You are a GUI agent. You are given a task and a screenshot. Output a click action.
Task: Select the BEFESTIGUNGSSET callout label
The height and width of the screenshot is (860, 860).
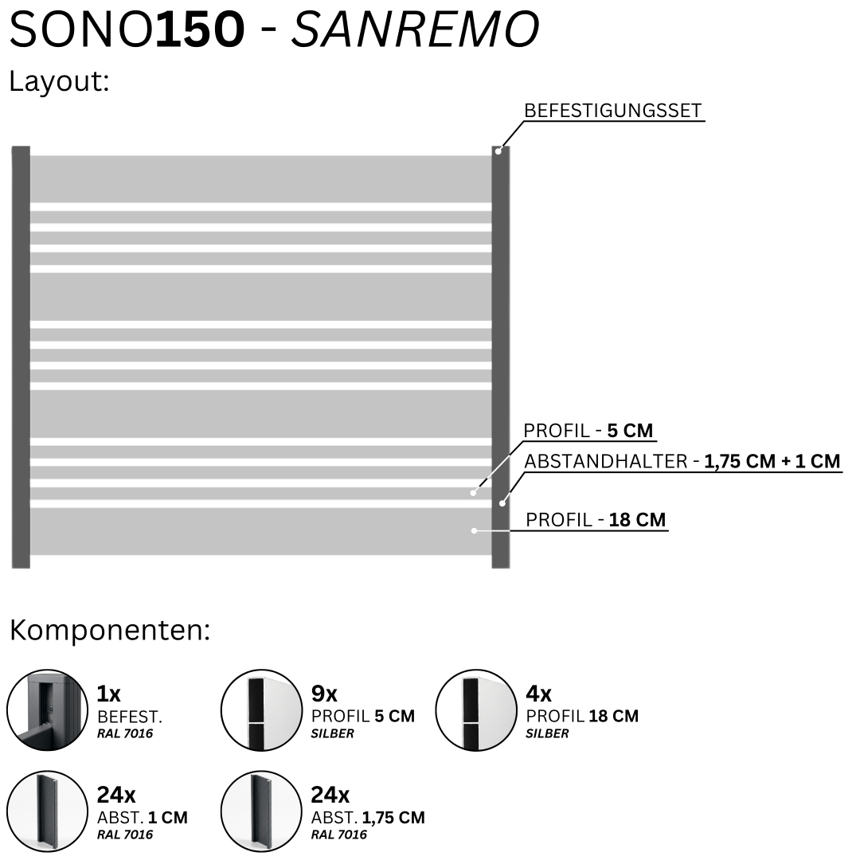tap(612, 110)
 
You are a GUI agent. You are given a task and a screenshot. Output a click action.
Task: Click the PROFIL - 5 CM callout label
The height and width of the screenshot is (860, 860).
tap(588, 431)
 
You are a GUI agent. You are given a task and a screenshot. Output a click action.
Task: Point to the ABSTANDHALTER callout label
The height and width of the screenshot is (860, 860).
tap(682, 461)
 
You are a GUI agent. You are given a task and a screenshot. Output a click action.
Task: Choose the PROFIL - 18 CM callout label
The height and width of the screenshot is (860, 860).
tap(596, 519)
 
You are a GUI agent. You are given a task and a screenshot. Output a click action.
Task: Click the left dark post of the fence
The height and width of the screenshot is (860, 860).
tap(21, 357)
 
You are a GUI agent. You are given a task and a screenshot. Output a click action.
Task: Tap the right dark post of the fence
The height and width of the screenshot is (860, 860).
tap(501, 357)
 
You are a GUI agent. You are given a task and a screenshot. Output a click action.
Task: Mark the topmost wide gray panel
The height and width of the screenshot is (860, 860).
tap(260, 179)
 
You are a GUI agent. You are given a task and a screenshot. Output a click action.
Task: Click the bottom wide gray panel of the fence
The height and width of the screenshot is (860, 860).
tap(260, 531)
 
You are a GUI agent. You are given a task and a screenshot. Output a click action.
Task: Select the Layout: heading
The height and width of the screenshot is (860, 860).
tap(59, 82)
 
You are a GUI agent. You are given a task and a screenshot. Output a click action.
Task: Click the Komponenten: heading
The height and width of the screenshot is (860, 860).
tap(110, 631)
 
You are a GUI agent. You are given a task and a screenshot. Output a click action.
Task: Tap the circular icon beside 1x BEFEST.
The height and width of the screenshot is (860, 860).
tap(47, 709)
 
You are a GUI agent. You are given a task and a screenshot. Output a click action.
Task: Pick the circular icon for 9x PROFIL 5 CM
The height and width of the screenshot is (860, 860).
tap(262, 709)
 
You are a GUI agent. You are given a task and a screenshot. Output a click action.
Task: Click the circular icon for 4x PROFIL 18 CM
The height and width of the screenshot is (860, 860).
tap(476, 709)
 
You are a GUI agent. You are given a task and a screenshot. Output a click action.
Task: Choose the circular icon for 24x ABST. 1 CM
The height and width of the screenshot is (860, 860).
tap(47, 811)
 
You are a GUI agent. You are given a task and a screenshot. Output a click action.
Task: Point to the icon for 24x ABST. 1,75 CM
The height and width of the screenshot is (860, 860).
tap(262, 811)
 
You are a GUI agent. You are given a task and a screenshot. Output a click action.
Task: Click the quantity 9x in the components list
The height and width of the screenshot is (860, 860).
tap(324, 694)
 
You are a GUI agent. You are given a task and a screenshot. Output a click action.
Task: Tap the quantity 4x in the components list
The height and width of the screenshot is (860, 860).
tap(538, 694)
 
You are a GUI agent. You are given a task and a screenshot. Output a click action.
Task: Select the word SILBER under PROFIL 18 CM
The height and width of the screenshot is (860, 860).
tap(547, 733)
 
